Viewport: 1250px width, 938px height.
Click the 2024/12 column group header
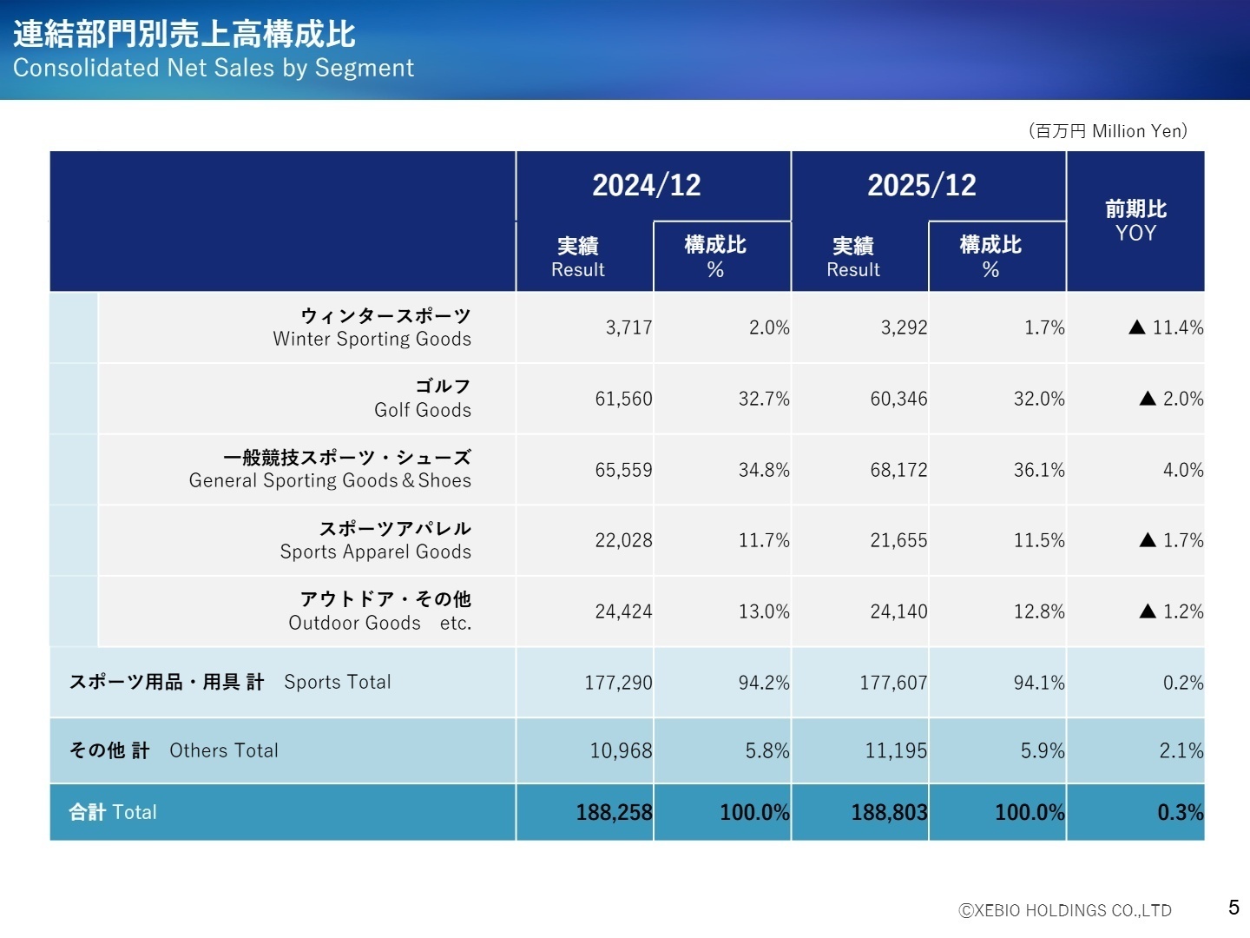(646, 185)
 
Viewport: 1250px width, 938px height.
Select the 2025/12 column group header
(921, 185)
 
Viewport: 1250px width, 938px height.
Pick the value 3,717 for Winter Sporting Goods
(628, 328)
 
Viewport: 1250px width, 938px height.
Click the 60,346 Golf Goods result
(898, 400)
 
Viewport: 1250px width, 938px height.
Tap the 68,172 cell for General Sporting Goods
(898, 471)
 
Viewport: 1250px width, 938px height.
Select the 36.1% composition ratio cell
(1039, 471)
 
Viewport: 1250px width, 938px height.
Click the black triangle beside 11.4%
(1137, 327)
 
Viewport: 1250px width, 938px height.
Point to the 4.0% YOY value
(1183, 471)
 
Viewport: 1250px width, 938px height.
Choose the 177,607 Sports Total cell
(893, 684)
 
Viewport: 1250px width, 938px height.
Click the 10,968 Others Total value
(621, 751)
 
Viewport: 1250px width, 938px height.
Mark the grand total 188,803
(889, 813)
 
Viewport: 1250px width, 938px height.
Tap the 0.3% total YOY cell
(1180, 813)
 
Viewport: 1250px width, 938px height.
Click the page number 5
(1234, 908)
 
